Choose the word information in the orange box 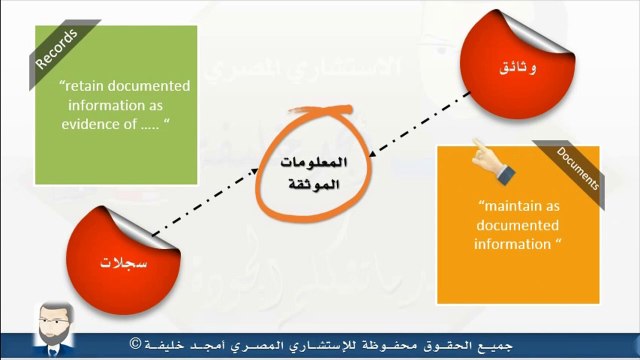click(x=510, y=244)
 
